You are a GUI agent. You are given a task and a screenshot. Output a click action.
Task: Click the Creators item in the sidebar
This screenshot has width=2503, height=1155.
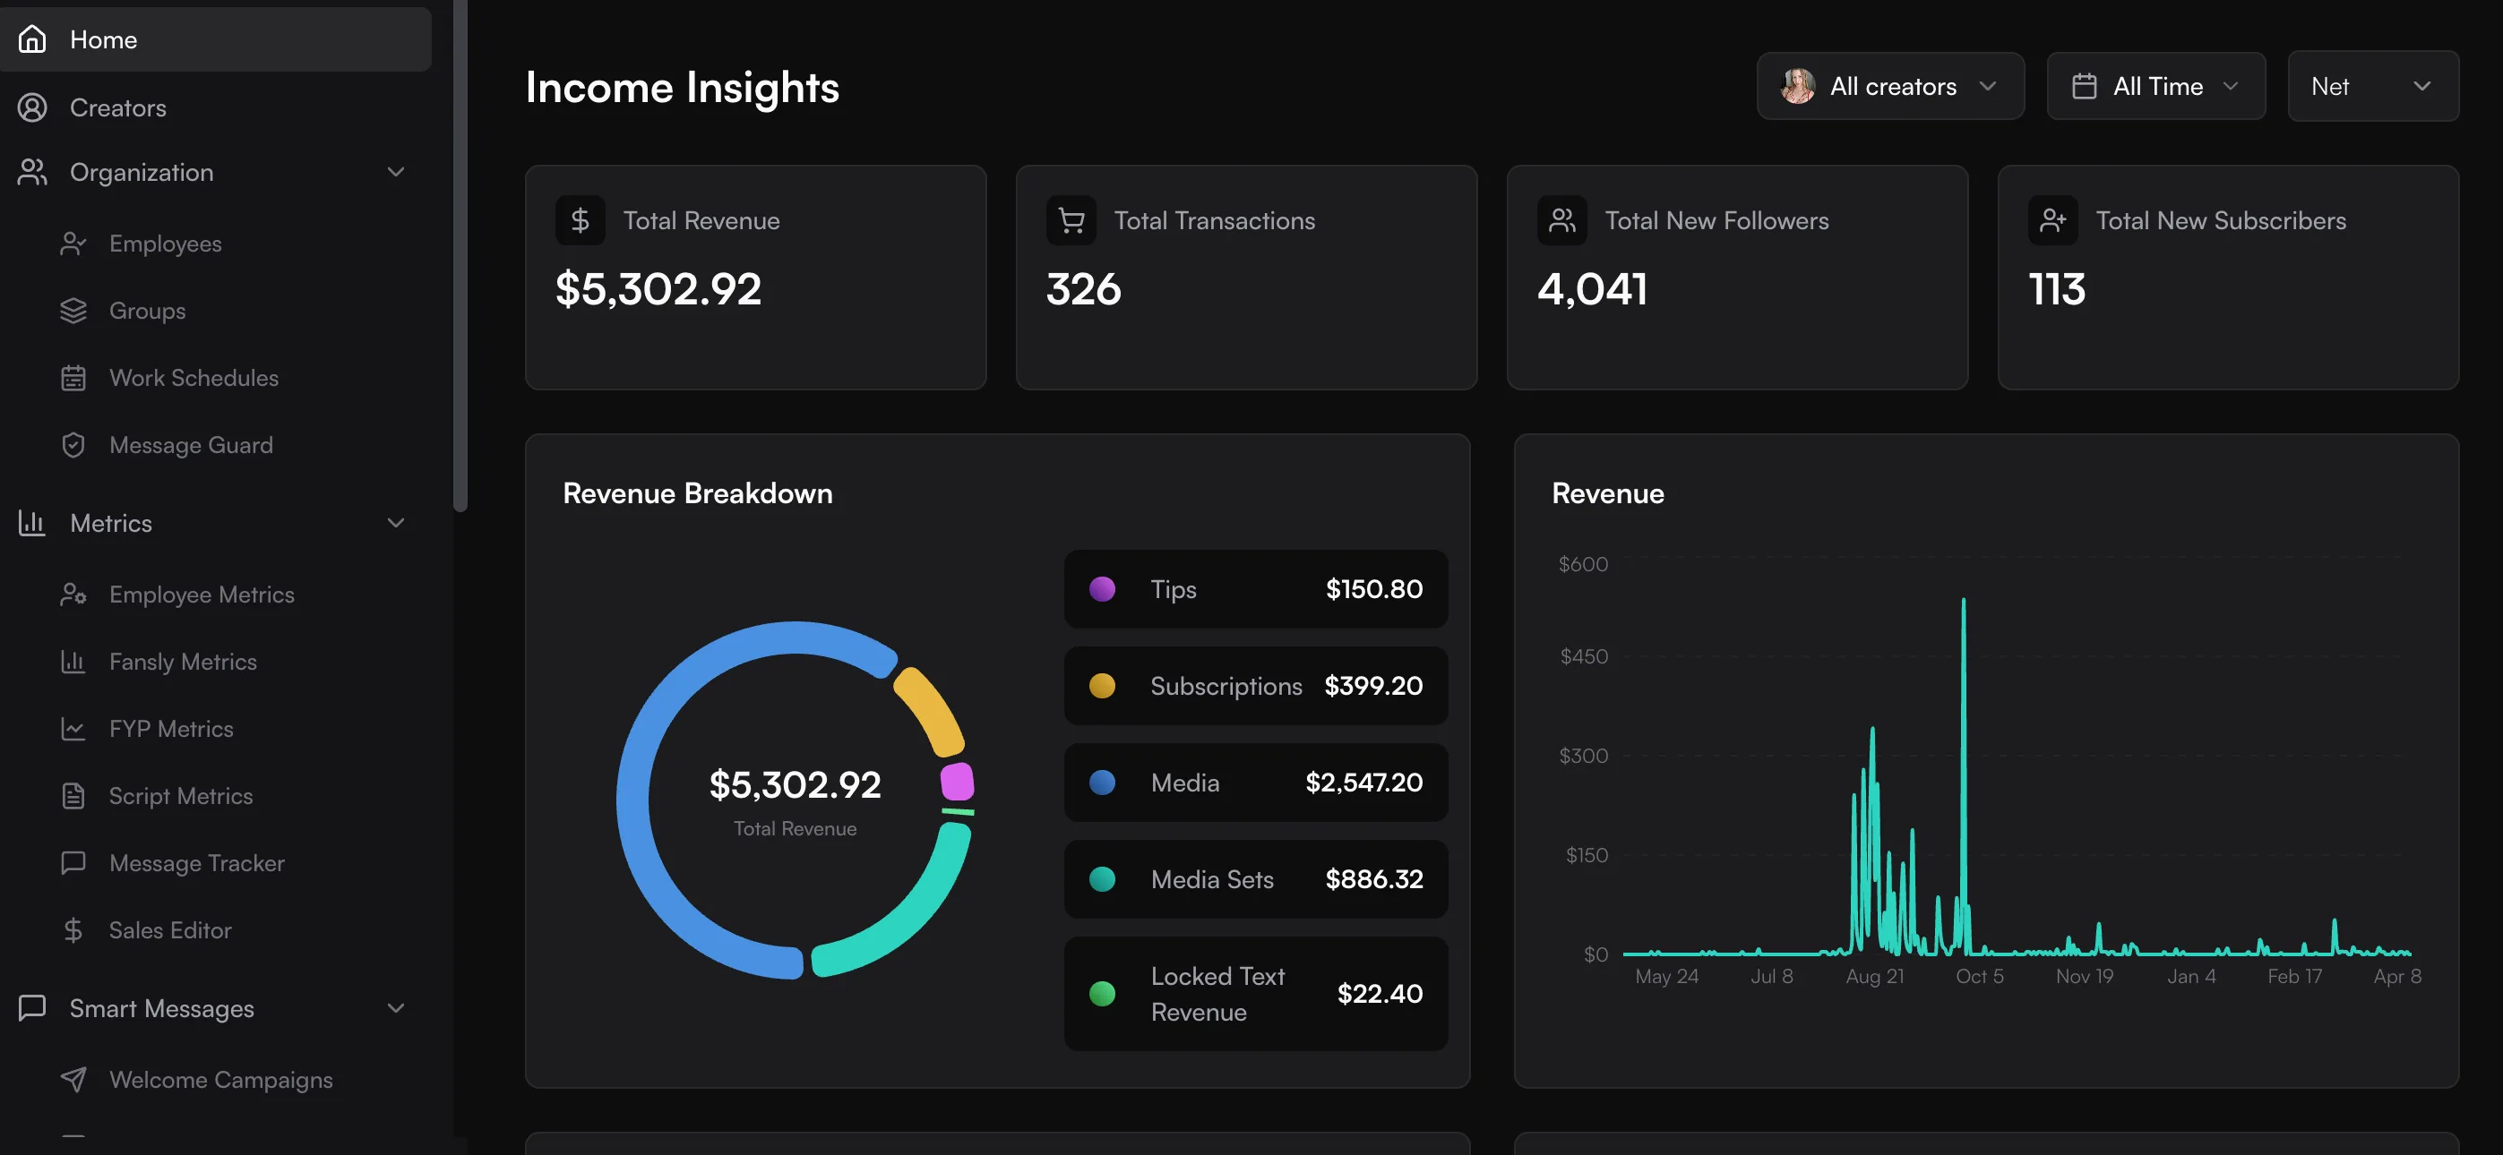tap(117, 107)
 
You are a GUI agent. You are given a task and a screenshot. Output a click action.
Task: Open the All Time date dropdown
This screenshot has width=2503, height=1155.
tap(2155, 87)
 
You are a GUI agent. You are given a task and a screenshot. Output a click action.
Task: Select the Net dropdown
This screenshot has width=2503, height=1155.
tap(2372, 87)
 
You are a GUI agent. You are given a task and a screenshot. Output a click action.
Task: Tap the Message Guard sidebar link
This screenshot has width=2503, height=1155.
tap(191, 445)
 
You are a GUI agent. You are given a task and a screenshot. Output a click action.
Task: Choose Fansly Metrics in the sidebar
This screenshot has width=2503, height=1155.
tap(183, 662)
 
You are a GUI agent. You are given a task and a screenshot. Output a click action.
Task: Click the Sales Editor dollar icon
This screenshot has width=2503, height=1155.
tap(73, 930)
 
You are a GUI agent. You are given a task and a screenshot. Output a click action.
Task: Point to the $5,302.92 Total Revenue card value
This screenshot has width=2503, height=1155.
tap(658, 289)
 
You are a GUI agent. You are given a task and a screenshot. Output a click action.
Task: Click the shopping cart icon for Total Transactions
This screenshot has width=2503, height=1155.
tap(1071, 220)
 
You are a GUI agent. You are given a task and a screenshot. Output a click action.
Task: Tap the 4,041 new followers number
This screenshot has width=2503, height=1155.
tap(1592, 289)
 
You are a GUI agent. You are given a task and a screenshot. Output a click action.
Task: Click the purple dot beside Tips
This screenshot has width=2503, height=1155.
tap(1102, 588)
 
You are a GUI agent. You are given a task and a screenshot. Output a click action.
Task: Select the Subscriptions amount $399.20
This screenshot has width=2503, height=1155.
tap(1373, 686)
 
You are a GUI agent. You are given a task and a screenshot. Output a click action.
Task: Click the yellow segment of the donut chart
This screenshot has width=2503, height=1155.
tap(928, 710)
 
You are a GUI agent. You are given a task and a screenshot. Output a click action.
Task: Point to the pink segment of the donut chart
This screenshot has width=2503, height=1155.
tap(957, 782)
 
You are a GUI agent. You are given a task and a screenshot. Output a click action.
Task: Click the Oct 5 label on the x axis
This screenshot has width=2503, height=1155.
tap(1979, 976)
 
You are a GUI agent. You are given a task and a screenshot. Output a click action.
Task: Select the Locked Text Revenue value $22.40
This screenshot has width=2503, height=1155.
tap(1379, 994)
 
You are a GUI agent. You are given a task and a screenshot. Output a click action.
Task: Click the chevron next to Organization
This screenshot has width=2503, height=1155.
tap(395, 172)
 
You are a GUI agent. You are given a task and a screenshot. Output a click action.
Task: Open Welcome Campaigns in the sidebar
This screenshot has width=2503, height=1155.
tap(220, 1080)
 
